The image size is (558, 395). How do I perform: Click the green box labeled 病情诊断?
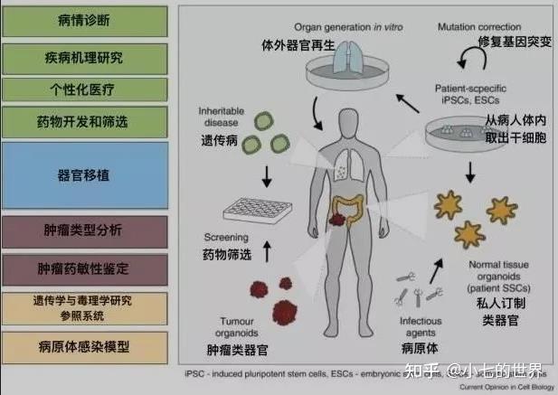pos(86,21)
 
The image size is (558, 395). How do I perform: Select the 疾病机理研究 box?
pos(86,57)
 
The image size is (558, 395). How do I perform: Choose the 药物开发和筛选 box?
pos(86,122)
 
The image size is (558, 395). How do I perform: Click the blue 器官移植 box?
pos(86,174)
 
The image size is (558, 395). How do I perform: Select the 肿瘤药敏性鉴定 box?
pos(86,268)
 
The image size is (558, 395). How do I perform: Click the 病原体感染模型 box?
pos(86,347)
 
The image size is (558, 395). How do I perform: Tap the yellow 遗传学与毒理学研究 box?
pos(86,307)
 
